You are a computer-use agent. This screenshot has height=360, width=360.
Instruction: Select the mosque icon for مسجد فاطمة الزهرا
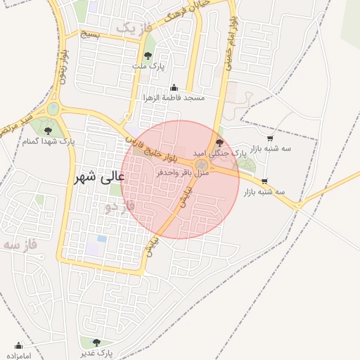[174, 88]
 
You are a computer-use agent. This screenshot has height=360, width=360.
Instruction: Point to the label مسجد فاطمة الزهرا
[174, 98]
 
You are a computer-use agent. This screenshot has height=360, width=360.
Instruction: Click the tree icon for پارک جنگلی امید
[219, 143]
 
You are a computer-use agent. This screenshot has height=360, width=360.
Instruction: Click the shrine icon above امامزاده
[19, 346]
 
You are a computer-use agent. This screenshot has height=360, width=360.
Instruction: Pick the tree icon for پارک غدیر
[96, 342]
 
